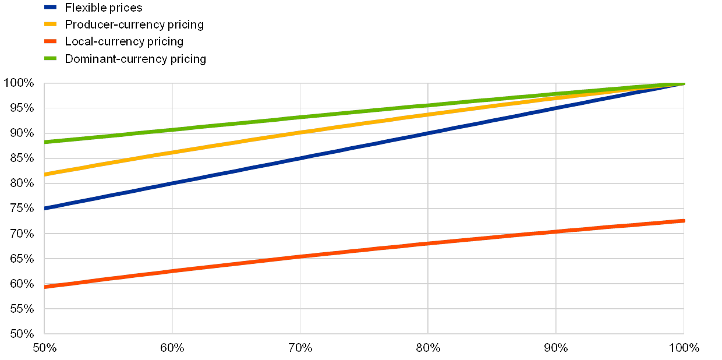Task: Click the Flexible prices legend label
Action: [x=108, y=8]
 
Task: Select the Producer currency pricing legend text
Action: [x=136, y=25]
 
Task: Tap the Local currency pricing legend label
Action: [x=126, y=42]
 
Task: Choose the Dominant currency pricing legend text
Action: [x=137, y=59]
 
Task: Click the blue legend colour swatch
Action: [x=51, y=8]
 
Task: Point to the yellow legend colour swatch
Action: [x=51, y=24]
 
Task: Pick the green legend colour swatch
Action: [x=51, y=58]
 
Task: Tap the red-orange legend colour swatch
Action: [x=51, y=41]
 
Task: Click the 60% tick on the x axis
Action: [x=172, y=348]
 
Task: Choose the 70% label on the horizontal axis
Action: [x=300, y=348]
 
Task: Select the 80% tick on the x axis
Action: [x=428, y=348]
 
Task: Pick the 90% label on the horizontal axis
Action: [x=556, y=348]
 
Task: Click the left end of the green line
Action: [x=45, y=142]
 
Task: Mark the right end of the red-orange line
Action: [x=684, y=221]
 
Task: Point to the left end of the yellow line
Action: [x=45, y=175]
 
